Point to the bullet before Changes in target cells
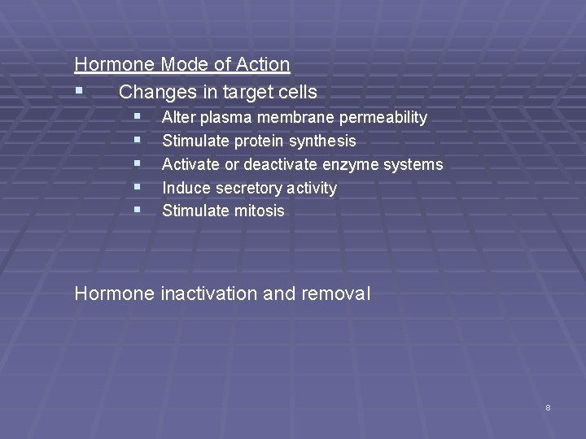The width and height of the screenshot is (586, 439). coord(78,91)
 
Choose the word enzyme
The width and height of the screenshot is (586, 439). coord(358,164)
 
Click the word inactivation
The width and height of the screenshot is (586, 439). coord(206,293)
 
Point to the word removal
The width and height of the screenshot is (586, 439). coord(335,293)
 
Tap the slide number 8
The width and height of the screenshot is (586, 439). coord(548,407)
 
